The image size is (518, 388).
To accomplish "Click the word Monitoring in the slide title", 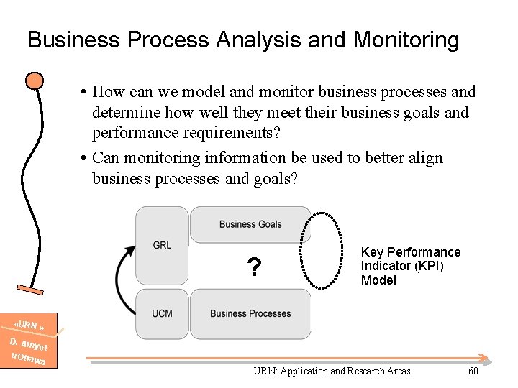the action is (x=406, y=40).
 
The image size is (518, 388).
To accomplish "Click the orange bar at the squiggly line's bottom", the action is (x=30, y=290).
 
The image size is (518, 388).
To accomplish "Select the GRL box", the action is (x=162, y=245).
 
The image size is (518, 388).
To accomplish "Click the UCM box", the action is (x=162, y=314).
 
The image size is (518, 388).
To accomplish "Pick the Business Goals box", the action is (x=250, y=224).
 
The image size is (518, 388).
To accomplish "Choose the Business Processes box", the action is (x=250, y=314).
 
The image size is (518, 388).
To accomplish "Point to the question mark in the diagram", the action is (x=253, y=268).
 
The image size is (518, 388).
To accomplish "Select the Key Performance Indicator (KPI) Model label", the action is (x=410, y=266).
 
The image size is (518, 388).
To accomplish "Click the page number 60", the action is (x=473, y=371).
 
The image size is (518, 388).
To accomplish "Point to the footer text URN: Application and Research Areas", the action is (x=332, y=371).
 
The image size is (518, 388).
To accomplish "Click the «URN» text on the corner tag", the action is (x=30, y=326).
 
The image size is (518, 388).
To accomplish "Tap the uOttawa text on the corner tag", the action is (x=28, y=357).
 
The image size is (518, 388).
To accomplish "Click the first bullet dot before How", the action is (x=84, y=93).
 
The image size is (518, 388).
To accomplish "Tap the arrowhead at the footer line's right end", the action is (x=487, y=359).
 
